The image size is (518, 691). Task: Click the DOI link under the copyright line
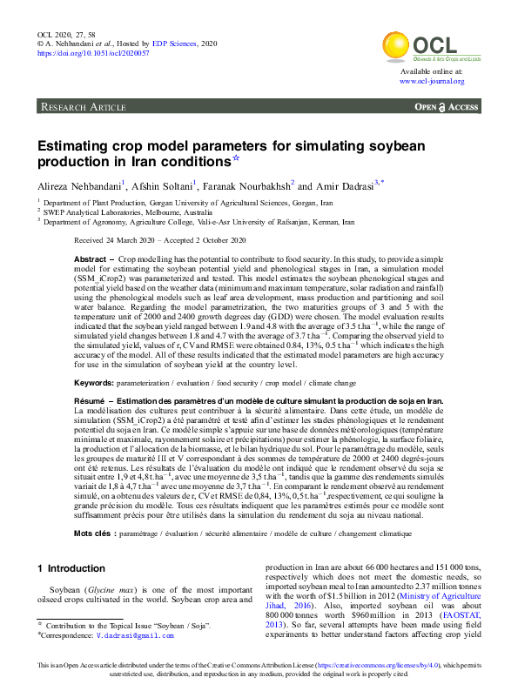(x=93, y=53)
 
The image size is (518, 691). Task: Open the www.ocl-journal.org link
(x=432, y=81)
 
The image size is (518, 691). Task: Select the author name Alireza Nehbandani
(x=80, y=186)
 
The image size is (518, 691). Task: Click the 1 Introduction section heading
(x=71, y=568)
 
